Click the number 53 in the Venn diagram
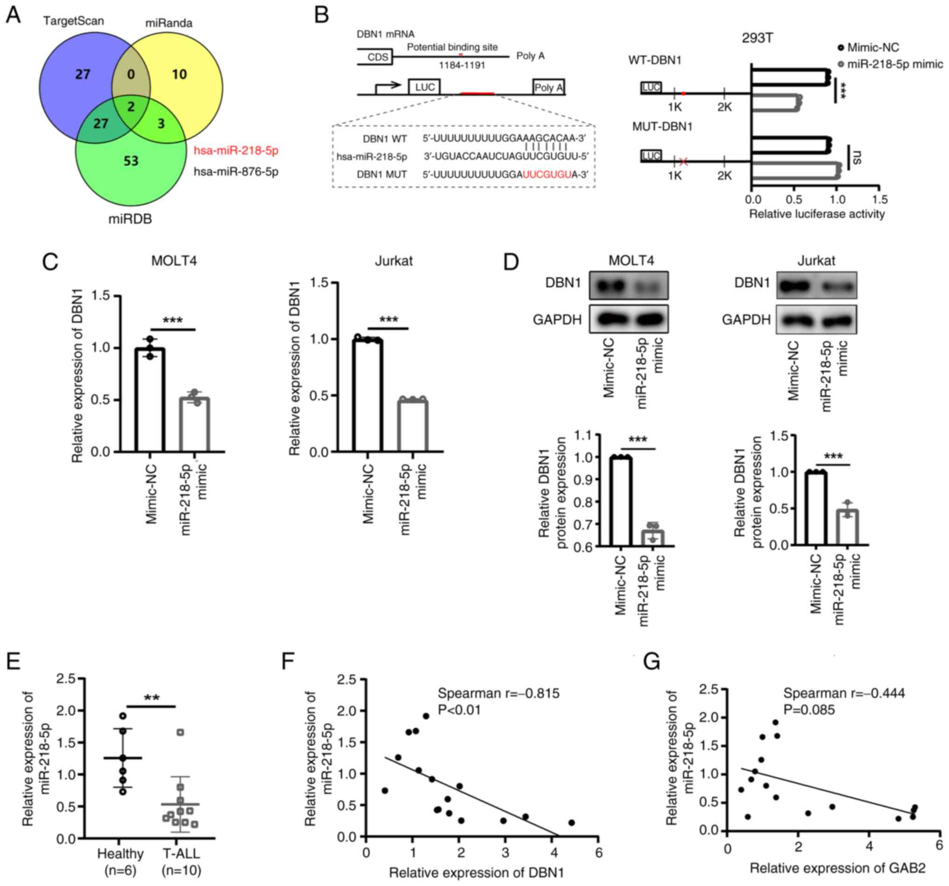(131, 161)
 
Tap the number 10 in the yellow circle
(179, 74)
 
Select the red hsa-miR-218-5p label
(236, 151)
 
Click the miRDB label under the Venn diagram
(130, 219)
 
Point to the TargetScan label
(73, 21)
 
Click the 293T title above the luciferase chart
(757, 38)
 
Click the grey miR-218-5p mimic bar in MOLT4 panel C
(195, 424)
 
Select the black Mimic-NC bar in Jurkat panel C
(368, 395)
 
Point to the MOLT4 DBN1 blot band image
(629, 285)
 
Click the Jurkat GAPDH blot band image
(816, 319)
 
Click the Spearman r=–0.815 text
(498, 693)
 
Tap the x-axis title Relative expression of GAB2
(837, 867)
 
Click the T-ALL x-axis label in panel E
(181, 853)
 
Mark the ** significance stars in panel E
(151, 698)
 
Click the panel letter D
(511, 262)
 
